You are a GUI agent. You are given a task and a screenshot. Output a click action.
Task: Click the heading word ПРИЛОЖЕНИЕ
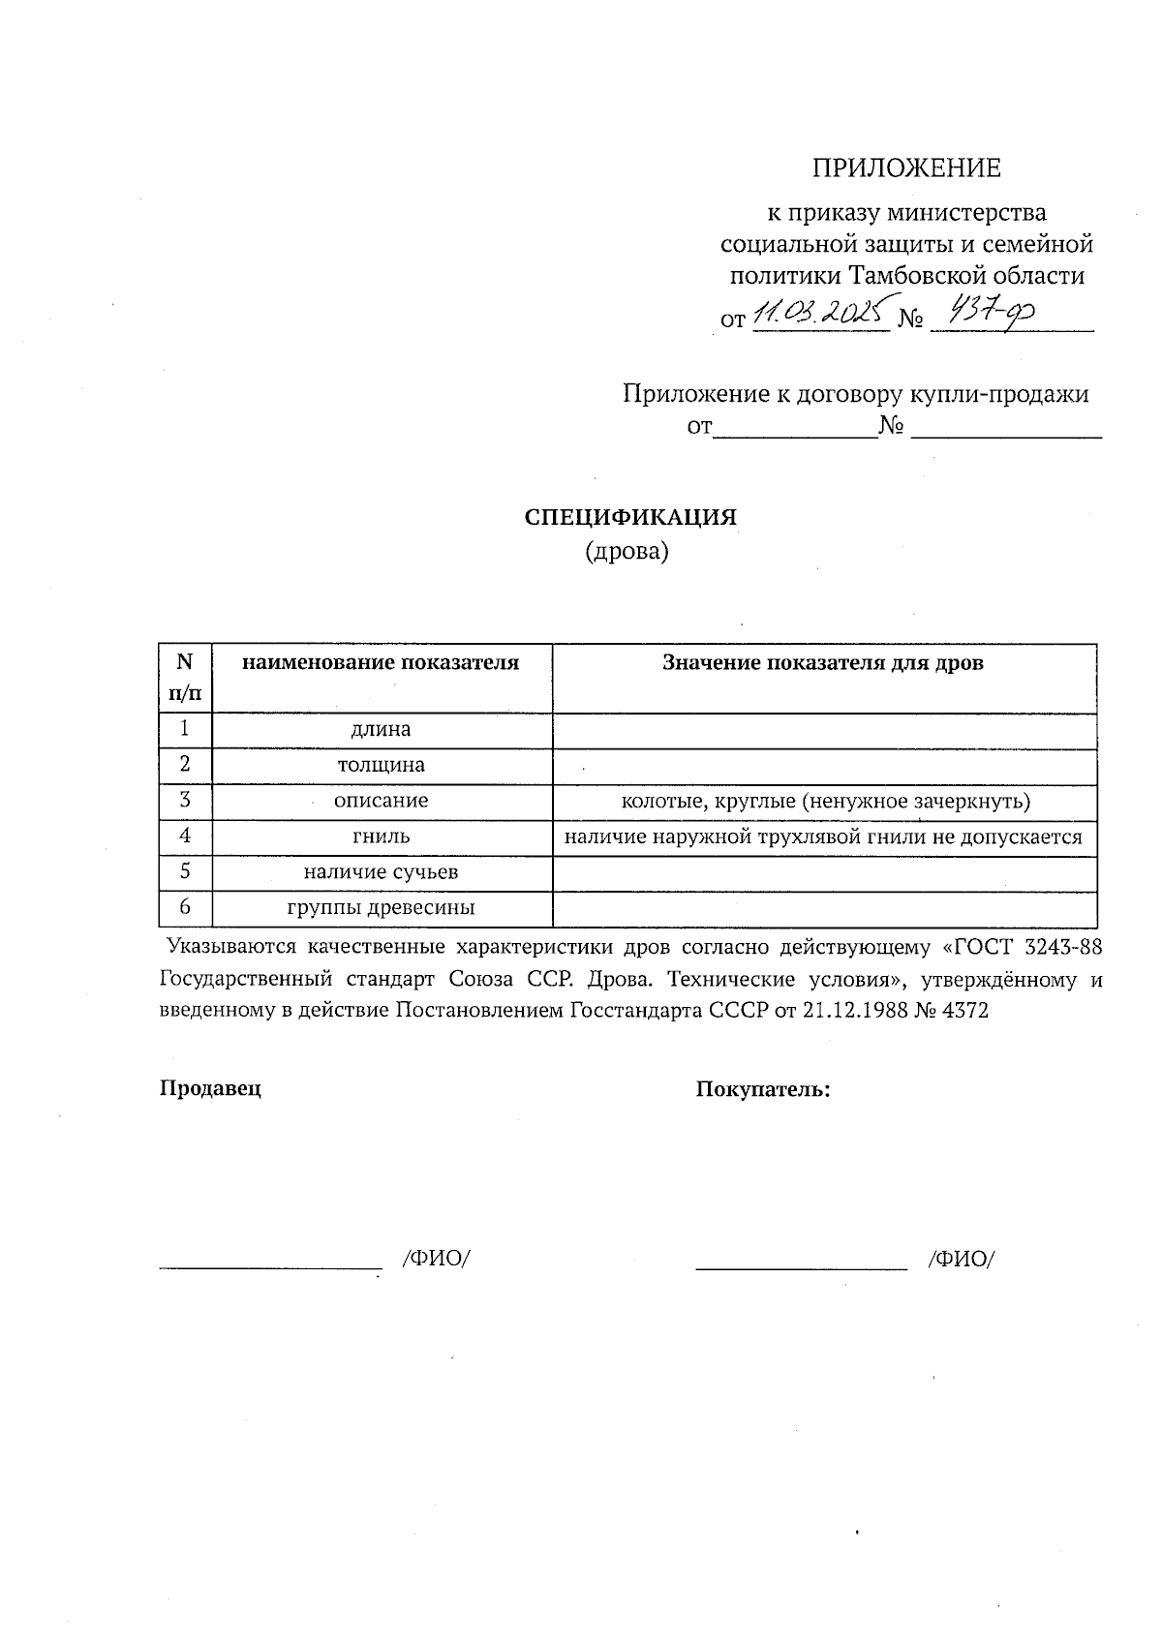point(905,168)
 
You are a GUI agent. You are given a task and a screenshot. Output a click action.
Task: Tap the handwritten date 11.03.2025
point(820,314)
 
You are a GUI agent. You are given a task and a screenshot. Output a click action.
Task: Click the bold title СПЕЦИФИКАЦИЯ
point(630,517)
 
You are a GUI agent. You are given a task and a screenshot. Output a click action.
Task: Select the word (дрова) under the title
point(627,552)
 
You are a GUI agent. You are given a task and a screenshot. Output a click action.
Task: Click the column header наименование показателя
point(381,662)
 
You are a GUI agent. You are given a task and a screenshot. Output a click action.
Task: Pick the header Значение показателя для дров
point(823,662)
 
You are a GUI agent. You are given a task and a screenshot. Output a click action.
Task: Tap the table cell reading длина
point(381,729)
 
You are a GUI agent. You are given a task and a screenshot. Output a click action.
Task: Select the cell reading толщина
point(381,765)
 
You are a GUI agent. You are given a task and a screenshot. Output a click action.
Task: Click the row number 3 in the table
point(184,801)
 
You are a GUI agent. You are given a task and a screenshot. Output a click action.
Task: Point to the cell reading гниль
point(381,837)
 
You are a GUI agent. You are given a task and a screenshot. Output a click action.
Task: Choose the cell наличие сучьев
point(381,872)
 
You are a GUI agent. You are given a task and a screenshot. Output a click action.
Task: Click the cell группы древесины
point(381,908)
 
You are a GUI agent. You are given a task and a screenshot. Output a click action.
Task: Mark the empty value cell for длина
point(823,731)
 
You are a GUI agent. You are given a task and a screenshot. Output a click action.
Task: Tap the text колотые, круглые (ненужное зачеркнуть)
point(825,802)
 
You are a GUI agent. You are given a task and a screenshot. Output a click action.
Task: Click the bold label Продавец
point(210,1087)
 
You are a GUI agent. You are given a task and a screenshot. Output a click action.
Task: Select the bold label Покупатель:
point(763,1089)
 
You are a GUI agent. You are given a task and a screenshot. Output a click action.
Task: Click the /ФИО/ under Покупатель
point(962,1259)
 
